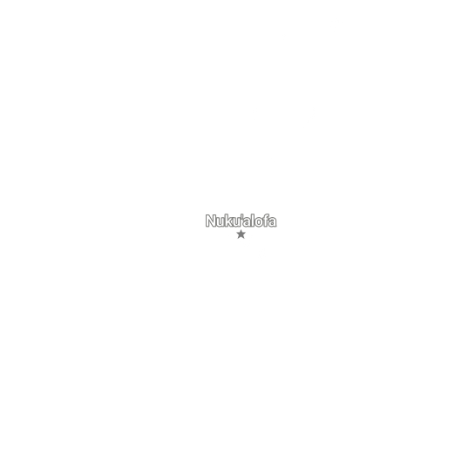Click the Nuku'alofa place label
pyautogui.click(x=241, y=221)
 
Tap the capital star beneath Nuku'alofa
pyautogui.click(x=241, y=234)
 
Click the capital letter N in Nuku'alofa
pyautogui.click(x=211, y=221)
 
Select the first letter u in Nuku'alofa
pyautogui.click(x=221, y=222)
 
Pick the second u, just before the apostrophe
pyautogui.click(x=237, y=222)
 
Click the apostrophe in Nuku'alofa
pyautogui.click(x=242, y=216)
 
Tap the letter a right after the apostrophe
pyautogui.click(x=247, y=222)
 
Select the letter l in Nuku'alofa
pyautogui.click(x=253, y=221)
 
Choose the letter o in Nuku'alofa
pyautogui.click(x=259, y=222)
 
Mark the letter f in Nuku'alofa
pyautogui.click(x=266, y=221)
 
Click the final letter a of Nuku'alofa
pyautogui.click(x=273, y=222)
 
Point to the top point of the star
pyautogui.click(x=241, y=230)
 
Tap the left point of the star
pyautogui.click(x=236, y=234)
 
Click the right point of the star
pyautogui.click(x=246, y=234)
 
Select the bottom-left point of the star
pyautogui.click(x=238, y=238)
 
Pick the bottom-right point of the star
pyautogui.click(x=244, y=238)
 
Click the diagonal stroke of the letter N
pyautogui.click(x=211, y=221)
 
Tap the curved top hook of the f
pyautogui.click(x=267, y=214)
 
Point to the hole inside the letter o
pyautogui.click(x=259, y=222)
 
